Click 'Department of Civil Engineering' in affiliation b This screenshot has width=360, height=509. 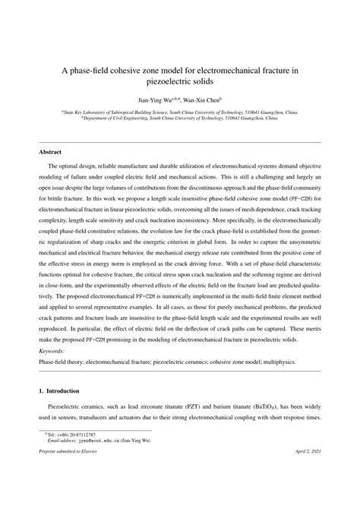tap(82, 118)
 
